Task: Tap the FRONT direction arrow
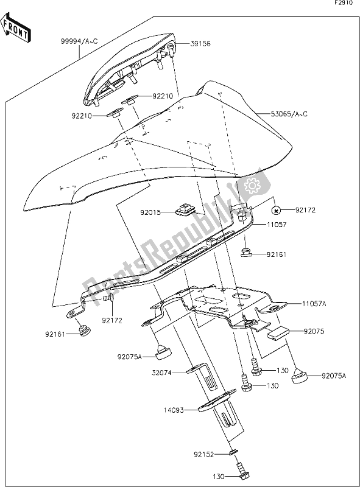coord(17,30)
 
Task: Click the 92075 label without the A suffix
coord(315,331)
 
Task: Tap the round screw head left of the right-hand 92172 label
coord(277,211)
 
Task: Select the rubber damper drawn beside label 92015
coord(183,211)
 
